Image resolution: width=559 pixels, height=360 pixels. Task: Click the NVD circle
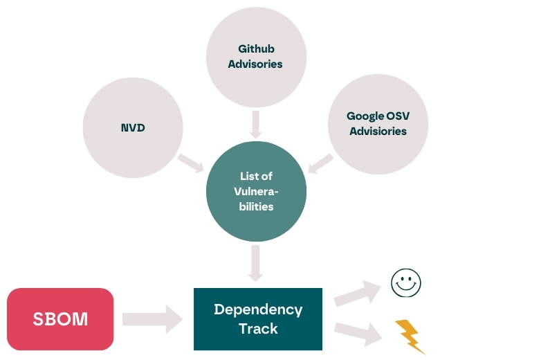point(133,128)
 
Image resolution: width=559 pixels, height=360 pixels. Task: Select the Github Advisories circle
point(256,57)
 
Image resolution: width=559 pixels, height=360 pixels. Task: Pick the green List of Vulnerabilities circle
point(256,190)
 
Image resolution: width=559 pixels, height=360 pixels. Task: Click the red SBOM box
point(60,319)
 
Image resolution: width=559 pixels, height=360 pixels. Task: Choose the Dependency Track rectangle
point(258,318)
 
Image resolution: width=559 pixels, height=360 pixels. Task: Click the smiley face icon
point(406,282)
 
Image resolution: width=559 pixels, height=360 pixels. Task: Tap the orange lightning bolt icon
point(409,335)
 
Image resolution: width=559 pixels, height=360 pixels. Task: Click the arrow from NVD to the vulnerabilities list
point(191,163)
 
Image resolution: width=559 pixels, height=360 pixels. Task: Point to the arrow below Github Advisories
point(256,123)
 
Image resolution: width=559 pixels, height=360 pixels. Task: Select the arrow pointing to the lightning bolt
point(358,332)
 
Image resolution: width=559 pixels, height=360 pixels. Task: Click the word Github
point(255,49)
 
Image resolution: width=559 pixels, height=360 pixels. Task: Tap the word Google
point(365,116)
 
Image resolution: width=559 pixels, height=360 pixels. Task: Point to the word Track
point(258,328)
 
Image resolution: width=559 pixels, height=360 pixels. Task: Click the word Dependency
point(258,309)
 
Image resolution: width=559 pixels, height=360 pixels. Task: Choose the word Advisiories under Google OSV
point(378,131)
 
